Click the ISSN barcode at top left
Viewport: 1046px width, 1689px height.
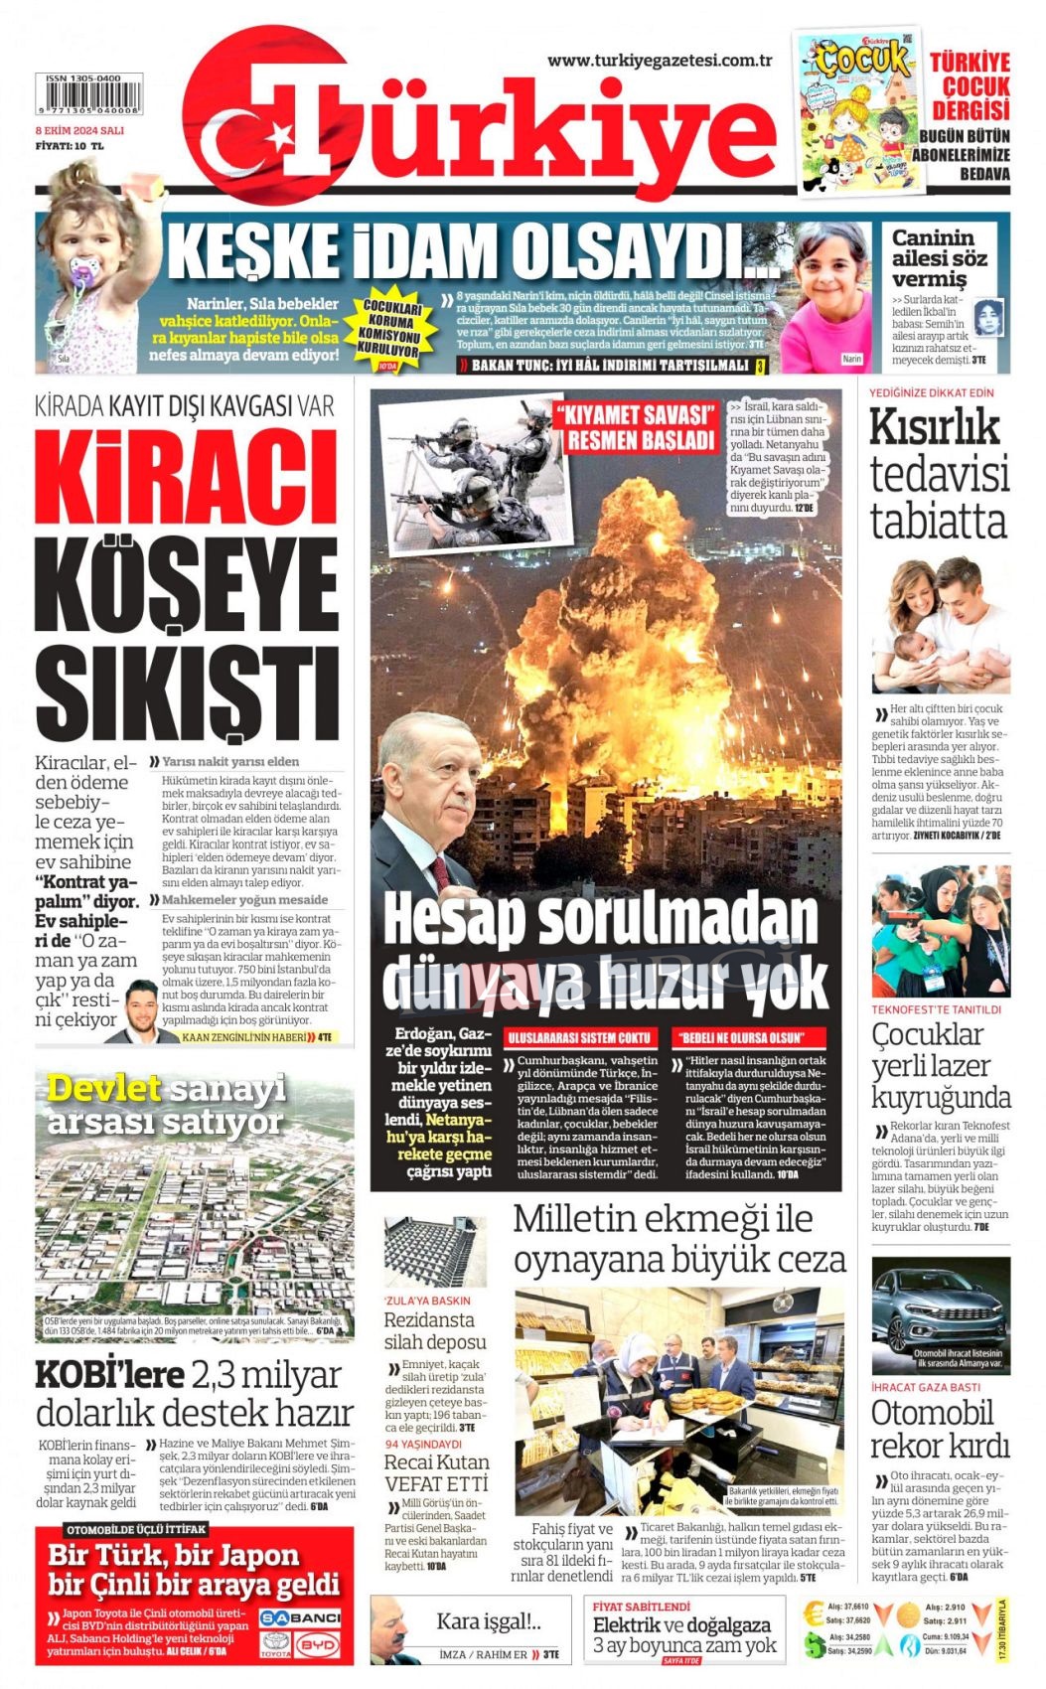pos(88,95)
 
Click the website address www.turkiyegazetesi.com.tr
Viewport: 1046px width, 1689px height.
pos(660,61)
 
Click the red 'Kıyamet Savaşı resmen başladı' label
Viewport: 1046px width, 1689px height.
pos(636,427)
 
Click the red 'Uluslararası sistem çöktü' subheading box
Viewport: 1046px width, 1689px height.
pos(579,1038)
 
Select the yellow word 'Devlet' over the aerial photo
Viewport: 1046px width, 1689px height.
pos(103,1088)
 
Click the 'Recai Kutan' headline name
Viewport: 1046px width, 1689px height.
pos(436,1462)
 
